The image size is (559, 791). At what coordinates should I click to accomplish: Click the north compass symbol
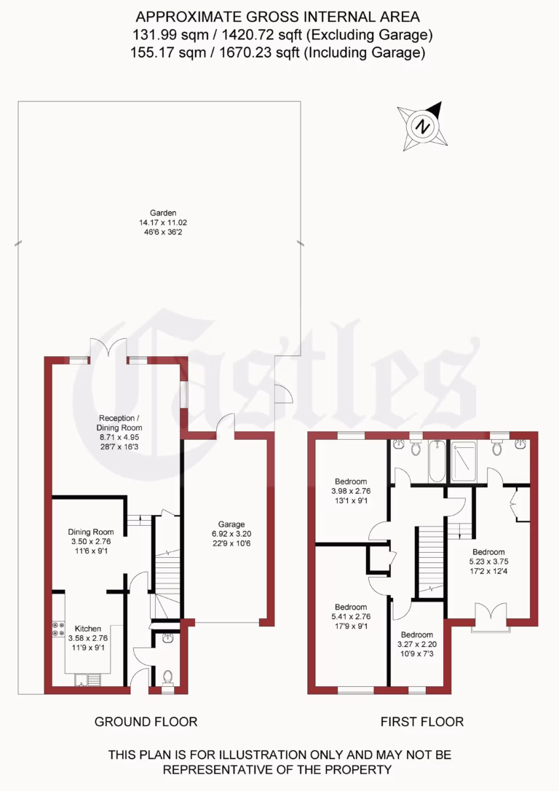[x=421, y=125]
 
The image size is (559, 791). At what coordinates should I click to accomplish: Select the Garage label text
[x=231, y=524]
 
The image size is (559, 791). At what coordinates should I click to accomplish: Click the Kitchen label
[x=87, y=629]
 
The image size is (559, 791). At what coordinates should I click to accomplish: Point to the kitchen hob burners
[x=58, y=629]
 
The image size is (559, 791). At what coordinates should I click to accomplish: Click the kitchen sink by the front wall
[x=88, y=680]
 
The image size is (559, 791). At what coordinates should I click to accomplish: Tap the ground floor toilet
[x=167, y=677]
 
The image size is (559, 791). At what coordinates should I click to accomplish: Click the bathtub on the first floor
[x=435, y=462]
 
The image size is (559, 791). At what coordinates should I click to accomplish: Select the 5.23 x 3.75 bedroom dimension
[x=488, y=562]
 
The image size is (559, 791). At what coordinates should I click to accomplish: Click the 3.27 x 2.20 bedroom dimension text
[x=416, y=645]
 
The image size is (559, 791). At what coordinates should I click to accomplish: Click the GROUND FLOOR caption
[x=146, y=722]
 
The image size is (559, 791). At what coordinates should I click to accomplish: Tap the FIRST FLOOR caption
[x=422, y=722]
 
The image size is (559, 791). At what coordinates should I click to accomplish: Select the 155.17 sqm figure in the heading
[x=159, y=52]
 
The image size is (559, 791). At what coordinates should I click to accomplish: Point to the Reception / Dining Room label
[x=120, y=423]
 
